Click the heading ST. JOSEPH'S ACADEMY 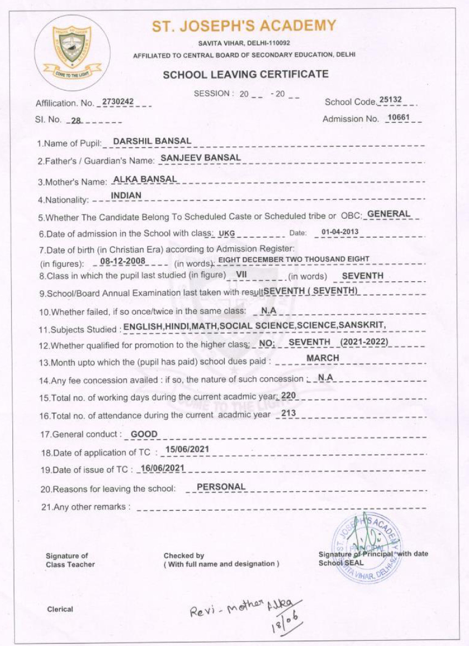244,26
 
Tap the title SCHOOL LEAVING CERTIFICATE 245,74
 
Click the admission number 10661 399,118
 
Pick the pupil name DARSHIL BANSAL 152,141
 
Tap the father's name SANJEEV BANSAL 201,158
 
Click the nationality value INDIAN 126,196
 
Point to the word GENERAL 389,214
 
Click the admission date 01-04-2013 340,232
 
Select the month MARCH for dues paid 322,358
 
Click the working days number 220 288,395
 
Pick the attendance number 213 288,414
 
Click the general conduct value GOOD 144,433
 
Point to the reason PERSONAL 221,487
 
